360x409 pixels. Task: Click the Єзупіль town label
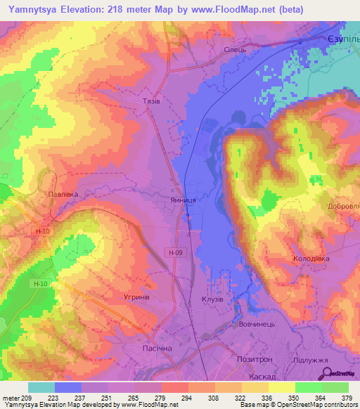point(344,39)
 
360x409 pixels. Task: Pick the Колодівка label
point(310,259)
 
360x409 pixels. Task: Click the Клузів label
point(212,298)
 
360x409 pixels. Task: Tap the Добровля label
point(343,207)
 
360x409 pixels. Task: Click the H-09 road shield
point(176,252)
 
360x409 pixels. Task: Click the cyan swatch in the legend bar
point(41,387)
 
